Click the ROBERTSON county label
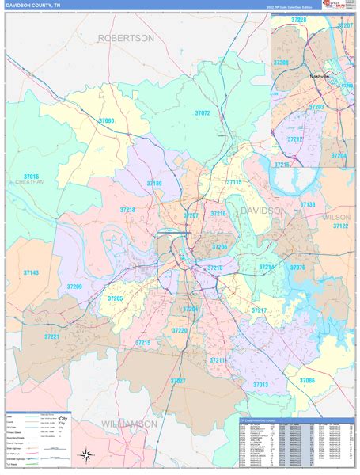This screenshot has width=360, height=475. (126, 37)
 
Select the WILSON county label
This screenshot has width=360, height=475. (336, 216)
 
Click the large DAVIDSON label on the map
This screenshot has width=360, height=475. (262, 211)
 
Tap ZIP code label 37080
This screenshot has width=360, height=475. (106, 120)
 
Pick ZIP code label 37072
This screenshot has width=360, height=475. (203, 113)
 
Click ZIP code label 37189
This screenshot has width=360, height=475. (154, 183)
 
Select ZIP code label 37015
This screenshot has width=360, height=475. (31, 175)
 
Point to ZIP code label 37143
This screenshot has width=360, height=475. (31, 272)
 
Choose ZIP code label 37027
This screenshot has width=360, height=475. (178, 381)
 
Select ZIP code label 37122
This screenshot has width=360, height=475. (340, 226)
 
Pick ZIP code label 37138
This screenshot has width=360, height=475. (307, 204)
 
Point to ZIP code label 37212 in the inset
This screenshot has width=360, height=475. (294, 139)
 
